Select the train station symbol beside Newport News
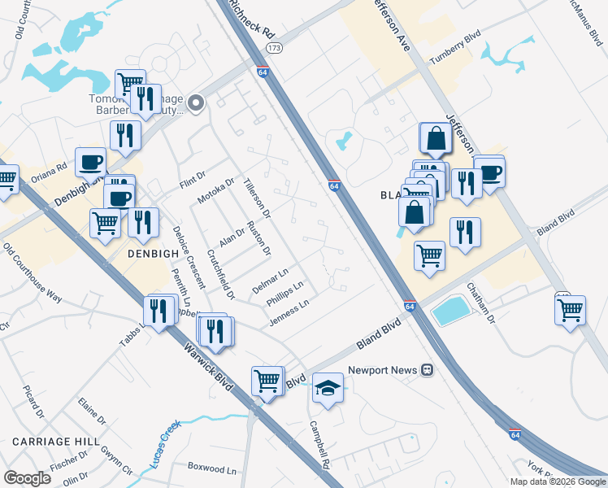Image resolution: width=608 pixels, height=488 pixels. pos(427,370)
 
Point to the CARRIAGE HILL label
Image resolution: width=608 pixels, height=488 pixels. pos(50,441)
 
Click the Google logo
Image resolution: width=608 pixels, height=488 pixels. pos(27,478)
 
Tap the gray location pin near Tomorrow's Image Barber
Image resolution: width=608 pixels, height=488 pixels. pos(196,103)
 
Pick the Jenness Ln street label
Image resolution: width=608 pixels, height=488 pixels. pos(289,315)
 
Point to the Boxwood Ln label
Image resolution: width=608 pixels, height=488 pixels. pos(211,469)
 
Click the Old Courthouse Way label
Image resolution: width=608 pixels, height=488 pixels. pos(33,272)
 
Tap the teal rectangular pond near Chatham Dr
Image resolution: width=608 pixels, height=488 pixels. pos(451,310)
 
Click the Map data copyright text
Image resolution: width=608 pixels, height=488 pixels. pos(557,481)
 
